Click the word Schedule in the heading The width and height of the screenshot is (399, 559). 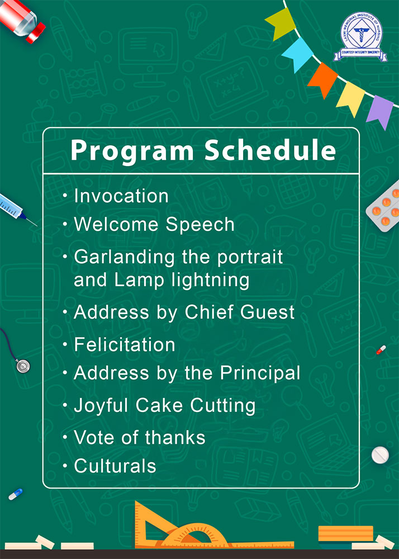click(270, 150)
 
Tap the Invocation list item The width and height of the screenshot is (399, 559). click(121, 196)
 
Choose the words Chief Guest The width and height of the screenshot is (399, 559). click(240, 312)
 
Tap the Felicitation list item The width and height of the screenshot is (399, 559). click(124, 345)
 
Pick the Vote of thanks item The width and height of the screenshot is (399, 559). click(140, 438)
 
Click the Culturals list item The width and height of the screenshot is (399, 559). click(115, 466)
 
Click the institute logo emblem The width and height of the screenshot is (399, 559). click(360, 37)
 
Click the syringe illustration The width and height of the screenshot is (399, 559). click(17, 209)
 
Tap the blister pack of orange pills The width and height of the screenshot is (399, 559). click(384, 210)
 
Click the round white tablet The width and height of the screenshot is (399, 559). click(380, 455)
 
